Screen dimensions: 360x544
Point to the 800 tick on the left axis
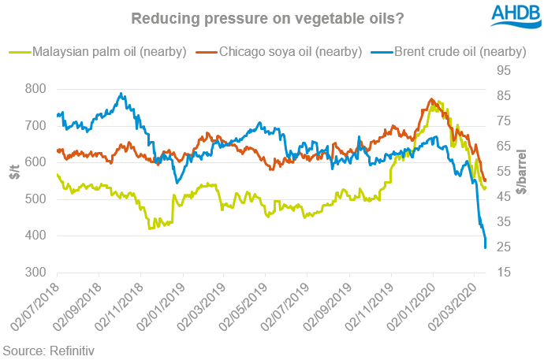35,88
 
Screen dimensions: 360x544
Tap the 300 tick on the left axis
35,273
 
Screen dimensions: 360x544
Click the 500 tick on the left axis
35,199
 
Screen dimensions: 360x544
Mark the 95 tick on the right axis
505,71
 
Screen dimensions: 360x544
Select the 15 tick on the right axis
505,273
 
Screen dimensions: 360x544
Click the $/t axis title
14,169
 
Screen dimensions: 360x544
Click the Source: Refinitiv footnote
48,349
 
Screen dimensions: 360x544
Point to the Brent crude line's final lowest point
485,248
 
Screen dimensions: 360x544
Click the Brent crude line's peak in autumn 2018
120,94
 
